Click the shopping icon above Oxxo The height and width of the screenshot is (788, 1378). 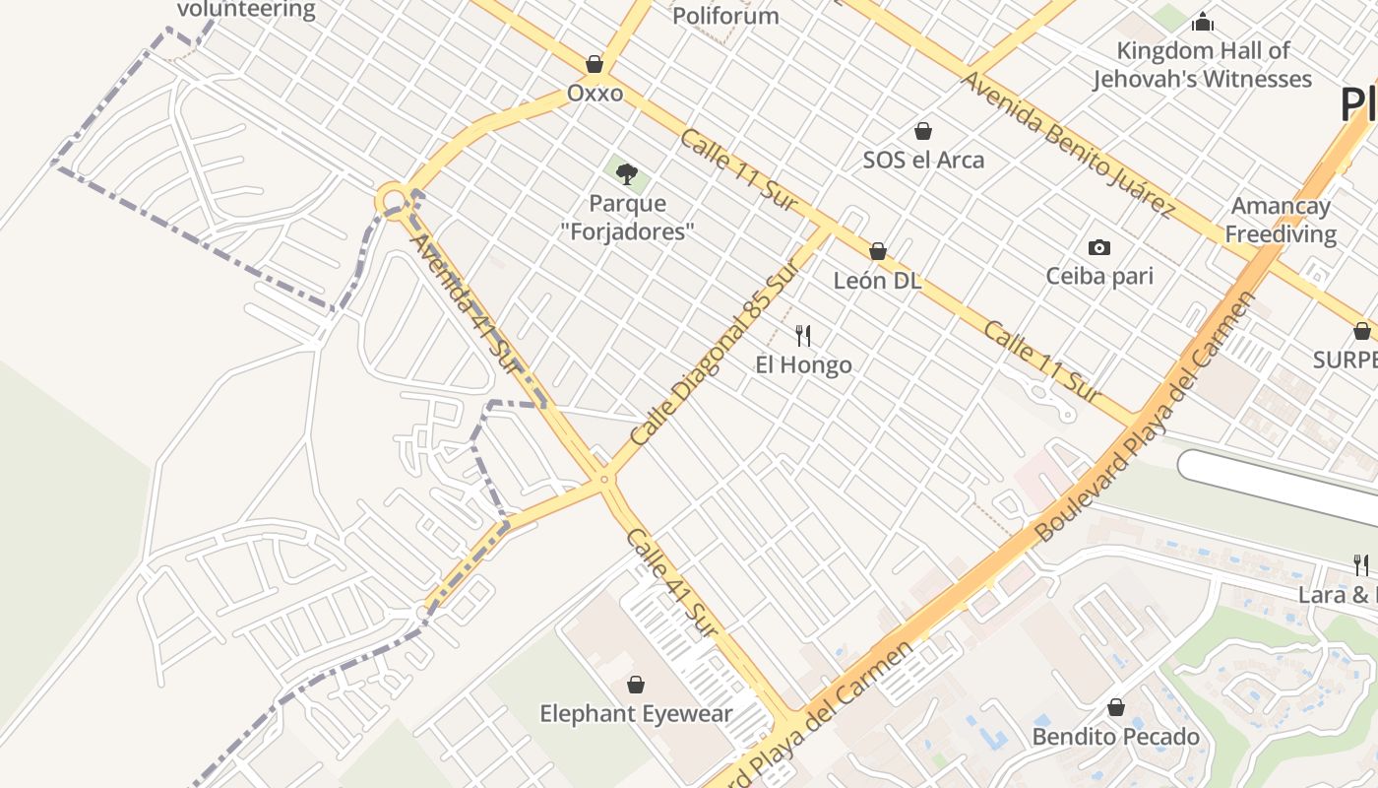click(x=595, y=64)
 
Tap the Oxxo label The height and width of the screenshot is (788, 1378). click(x=595, y=94)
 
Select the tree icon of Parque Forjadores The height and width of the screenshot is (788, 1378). click(x=626, y=174)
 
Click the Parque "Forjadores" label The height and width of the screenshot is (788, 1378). click(x=627, y=218)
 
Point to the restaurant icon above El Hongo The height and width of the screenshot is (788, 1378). click(x=803, y=336)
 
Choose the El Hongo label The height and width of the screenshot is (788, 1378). click(x=803, y=365)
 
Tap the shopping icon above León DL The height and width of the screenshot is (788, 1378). click(x=877, y=252)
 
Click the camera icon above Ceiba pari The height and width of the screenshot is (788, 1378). click(x=1099, y=247)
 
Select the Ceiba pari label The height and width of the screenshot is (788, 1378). click(x=1099, y=276)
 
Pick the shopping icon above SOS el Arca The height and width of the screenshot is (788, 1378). click(x=923, y=131)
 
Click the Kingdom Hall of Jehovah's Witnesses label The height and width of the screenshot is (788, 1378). click(x=1202, y=65)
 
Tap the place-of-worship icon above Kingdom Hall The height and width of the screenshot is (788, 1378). click(x=1202, y=22)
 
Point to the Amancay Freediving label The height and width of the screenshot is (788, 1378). click(x=1281, y=220)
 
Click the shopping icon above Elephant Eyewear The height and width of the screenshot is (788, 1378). click(x=636, y=685)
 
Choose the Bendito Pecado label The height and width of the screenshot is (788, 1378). click(x=1115, y=737)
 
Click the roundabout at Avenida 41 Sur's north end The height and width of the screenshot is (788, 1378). click(x=394, y=200)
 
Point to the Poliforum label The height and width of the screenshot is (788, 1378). click(x=725, y=16)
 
